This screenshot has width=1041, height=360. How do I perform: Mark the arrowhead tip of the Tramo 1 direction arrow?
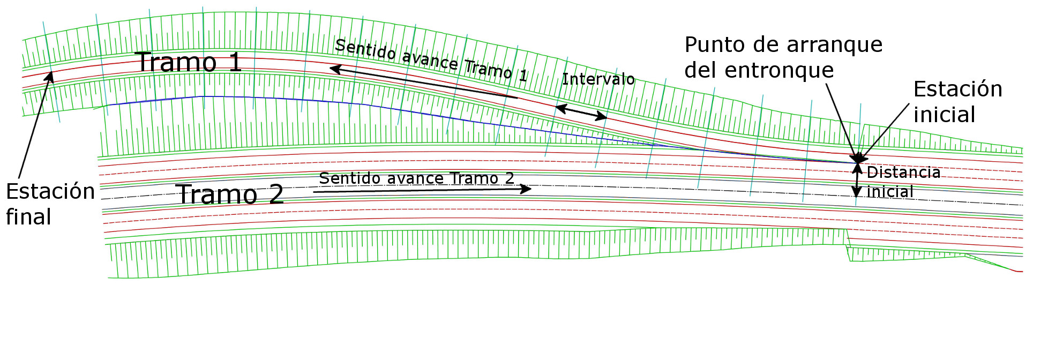pos(329,68)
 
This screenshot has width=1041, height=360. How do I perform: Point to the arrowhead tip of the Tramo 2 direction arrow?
pos(531,189)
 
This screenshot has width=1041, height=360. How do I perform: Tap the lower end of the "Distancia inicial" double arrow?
pos(857,198)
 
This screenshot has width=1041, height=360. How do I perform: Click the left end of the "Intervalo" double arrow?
pos(555,107)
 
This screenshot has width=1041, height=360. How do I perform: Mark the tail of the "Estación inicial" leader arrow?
pos(909,103)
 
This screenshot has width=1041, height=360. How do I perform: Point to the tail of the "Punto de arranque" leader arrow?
pos(826,84)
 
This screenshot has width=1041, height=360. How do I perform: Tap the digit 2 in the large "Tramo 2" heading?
pos(276,194)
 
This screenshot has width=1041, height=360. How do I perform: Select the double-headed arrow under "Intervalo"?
pos(581,112)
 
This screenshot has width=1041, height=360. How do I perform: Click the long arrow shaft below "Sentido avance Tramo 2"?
pos(422,190)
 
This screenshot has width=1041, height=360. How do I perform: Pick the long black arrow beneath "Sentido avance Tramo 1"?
pos(423,83)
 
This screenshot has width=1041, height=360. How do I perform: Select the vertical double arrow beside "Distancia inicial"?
pos(857,180)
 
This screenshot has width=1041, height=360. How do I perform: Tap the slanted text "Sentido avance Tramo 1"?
pos(431,60)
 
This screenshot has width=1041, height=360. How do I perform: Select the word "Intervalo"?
pos(598,79)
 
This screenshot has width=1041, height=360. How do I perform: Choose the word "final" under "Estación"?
pos(28,217)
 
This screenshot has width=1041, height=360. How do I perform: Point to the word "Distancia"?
pos(903,172)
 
